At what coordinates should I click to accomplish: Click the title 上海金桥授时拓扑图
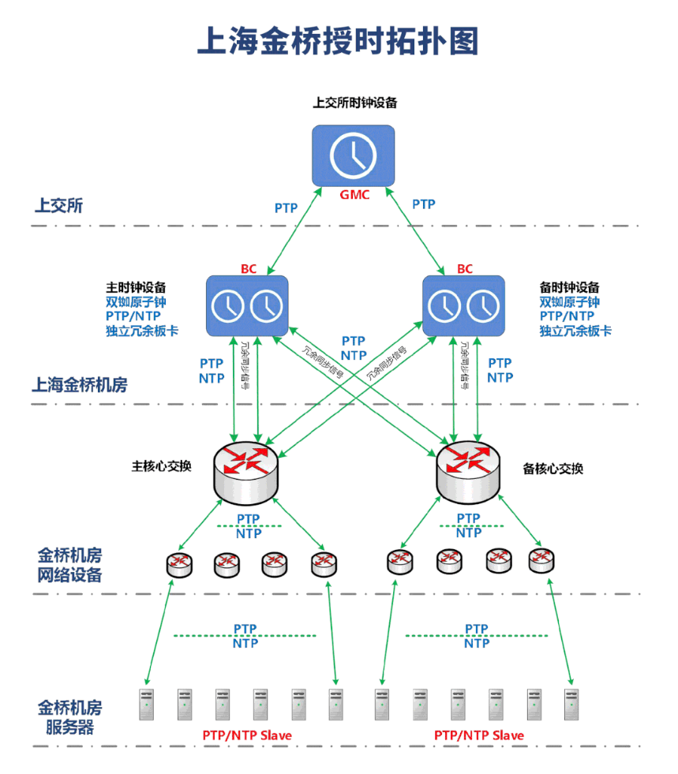point(338,42)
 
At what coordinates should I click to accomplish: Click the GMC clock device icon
point(353,155)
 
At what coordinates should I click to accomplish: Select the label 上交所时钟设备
point(354,103)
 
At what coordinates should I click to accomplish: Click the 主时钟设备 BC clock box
point(247,305)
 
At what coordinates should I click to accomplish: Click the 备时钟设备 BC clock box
point(463,305)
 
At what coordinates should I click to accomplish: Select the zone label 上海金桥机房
point(79,385)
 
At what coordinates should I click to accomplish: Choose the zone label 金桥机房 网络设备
point(69,564)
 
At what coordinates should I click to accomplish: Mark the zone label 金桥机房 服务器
point(69,716)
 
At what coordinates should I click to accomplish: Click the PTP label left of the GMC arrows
point(286,208)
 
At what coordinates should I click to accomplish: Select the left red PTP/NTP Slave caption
point(247,735)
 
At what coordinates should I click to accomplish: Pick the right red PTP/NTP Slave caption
point(479,735)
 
